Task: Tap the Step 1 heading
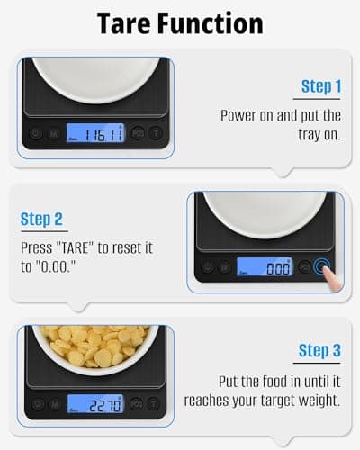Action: pos(321,86)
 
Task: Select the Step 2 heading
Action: pos(41,219)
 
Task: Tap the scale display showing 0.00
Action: pos(265,267)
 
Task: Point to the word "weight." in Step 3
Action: pos(315,398)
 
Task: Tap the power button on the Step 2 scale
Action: pos(208,267)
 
